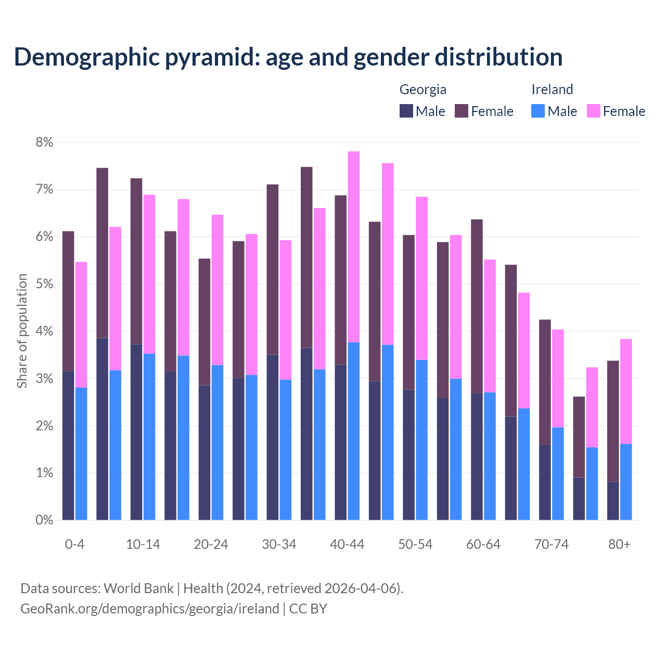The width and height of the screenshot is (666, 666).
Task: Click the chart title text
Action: coord(288,57)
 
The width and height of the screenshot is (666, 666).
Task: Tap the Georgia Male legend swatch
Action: coord(406,111)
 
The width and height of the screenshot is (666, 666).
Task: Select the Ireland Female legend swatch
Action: coord(593,111)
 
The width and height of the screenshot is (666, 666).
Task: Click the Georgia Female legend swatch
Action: coord(462,111)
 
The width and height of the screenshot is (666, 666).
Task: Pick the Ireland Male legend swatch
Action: coord(538,111)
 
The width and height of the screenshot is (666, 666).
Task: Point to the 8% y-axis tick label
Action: coord(44,142)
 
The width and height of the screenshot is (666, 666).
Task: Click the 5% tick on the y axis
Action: coord(44,284)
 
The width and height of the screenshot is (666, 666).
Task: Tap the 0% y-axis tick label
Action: coord(44,520)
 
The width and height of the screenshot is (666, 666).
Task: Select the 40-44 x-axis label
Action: coord(347,545)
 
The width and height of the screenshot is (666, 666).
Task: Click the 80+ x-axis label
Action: coord(619,545)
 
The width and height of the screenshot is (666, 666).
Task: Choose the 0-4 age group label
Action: coord(74,545)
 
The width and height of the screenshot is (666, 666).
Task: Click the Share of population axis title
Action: coord(22,331)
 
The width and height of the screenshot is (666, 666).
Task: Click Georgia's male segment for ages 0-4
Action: coord(68,445)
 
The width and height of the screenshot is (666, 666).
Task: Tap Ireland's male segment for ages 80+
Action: coord(626,482)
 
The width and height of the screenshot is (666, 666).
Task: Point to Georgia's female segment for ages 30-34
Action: coord(273,270)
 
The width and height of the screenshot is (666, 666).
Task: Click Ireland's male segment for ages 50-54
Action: coord(422,440)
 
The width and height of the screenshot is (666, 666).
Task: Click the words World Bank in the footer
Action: coord(138,588)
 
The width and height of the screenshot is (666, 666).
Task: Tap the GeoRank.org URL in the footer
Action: coord(150,609)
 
